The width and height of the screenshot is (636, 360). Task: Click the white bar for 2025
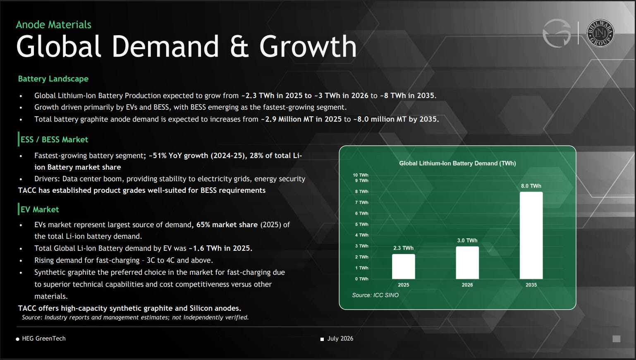click(x=403, y=266)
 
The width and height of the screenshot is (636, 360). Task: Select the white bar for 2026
click(x=467, y=263)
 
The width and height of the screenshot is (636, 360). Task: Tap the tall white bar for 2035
click(x=531, y=235)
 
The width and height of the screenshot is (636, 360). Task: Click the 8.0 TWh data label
click(x=531, y=186)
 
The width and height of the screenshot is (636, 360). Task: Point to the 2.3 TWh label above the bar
click(x=403, y=248)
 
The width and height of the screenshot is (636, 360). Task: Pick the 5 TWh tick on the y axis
click(x=361, y=224)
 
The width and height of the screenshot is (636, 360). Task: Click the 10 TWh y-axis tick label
click(x=360, y=175)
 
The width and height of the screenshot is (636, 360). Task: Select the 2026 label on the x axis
click(x=467, y=285)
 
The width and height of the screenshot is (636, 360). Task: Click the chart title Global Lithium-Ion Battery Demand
click(x=457, y=163)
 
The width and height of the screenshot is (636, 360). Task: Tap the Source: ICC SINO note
click(x=375, y=295)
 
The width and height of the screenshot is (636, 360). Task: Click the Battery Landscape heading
click(x=53, y=79)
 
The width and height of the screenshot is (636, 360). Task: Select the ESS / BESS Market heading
click(x=54, y=139)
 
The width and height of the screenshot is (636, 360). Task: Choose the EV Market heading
click(x=39, y=209)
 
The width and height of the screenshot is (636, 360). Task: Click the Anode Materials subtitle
click(x=53, y=25)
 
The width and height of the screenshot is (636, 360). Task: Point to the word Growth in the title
click(x=308, y=46)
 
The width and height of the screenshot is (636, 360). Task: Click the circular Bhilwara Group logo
click(x=600, y=33)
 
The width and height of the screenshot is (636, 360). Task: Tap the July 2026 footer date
click(x=340, y=338)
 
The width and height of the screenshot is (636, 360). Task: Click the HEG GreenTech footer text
click(x=44, y=338)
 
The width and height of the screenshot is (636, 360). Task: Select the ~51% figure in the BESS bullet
click(x=157, y=156)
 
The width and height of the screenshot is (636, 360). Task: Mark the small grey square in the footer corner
click(x=616, y=339)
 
